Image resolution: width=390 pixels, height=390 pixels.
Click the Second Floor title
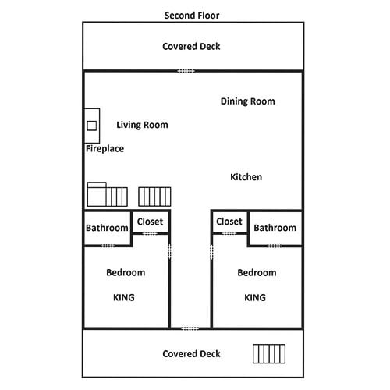pyautogui.click(x=192, y=16)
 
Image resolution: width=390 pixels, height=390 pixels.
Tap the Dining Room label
pyautogui.click(x=248, y=101)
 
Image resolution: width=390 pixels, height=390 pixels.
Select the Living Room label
pyautogui.click(x=142, y=125)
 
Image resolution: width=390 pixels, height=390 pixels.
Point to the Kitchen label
pyautogui.click(x=246, y=177)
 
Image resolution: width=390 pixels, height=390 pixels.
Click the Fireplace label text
pyautogui.click(x=105, y=149)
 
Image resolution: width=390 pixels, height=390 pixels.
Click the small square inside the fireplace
pyautogui.click(x=92, y=126)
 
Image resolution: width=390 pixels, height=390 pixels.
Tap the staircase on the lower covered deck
pyautogui.click(x=269, y=353)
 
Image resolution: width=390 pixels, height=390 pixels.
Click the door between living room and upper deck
pyautogui.click(x=186, y=71)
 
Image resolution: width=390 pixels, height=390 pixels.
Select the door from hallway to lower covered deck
pyautogui.click(x=190, y=328)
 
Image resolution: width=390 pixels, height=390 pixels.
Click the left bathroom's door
pyautogui.click(x=108, y=246)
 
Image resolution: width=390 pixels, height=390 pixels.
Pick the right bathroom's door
pyautogui.click(x=275, y=246)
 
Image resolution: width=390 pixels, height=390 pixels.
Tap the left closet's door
pyautogui.click(x=150, y=233)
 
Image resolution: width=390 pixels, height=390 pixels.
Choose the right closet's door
pyautogui.click(x=229, y=233)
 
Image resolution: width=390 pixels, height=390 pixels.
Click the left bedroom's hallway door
pyautogui.click(x=169, y=251)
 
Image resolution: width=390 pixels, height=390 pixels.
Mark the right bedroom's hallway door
pyautogui.click(x=211, y=252)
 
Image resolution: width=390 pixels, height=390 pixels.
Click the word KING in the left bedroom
pyautogui.click(x=124, y=297)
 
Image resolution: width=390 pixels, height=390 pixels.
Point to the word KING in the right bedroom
pyautogui.click(x=255, y=297)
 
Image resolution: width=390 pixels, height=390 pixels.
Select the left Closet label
pyautogui.click(x=150, y=222)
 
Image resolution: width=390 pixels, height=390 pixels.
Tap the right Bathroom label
pyautogui.click(x=275, y=228)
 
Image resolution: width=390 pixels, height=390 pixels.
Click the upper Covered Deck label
pyautogui.click(x=191, y=47)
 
